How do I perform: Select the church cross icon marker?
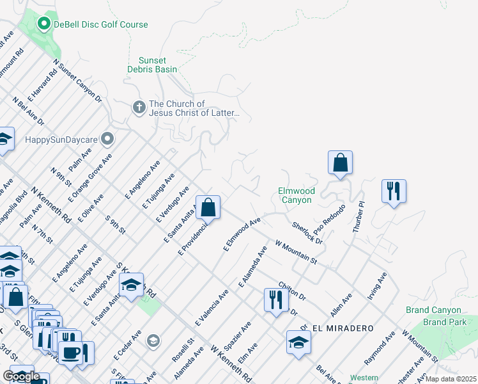(x=139, y=108)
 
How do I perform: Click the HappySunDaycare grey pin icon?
(x=107, y=139)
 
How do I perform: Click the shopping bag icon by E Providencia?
(x=208, y=207)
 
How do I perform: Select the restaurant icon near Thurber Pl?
(x=394, y=191)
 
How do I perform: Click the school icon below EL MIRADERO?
(x=298, y=342)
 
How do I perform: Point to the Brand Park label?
(x=445, y=322)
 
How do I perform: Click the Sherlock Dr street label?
(x=307, y=234)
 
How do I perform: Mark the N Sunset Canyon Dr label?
(x=77, y=81)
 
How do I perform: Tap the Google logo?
(x=21, y=376)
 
